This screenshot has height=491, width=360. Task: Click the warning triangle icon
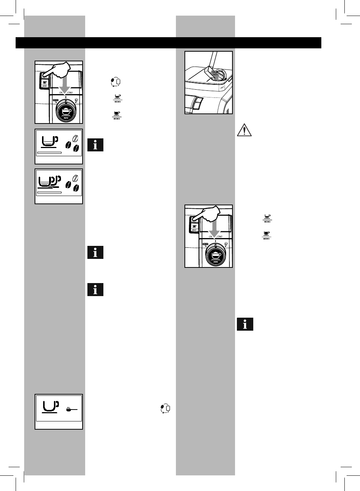pos(244,130)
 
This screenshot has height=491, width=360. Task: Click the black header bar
pos(168,43)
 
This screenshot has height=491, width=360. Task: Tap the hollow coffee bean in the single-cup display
pos(75,139)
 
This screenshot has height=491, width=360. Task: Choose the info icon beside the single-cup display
pos(96,145)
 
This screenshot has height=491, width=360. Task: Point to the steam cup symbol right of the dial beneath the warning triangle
pos(226,245)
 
